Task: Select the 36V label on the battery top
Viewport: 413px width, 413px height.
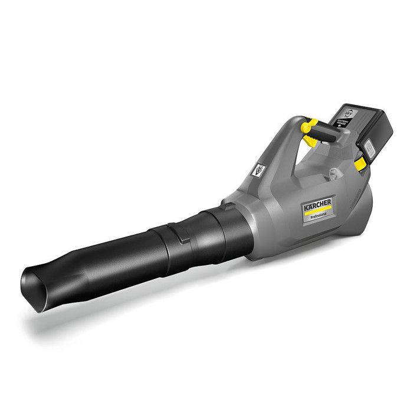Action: (342, 112)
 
